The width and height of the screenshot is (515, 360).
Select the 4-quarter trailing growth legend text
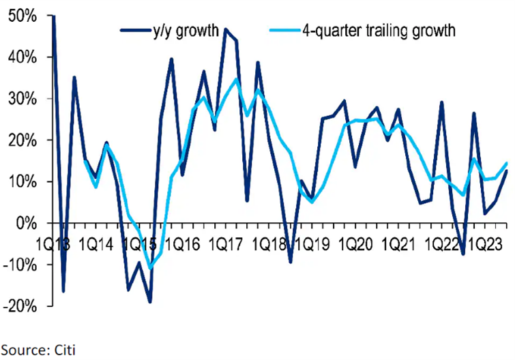[378, 31]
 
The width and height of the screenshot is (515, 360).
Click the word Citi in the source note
[64, 350]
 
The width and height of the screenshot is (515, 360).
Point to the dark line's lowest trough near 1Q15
[149, 301]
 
